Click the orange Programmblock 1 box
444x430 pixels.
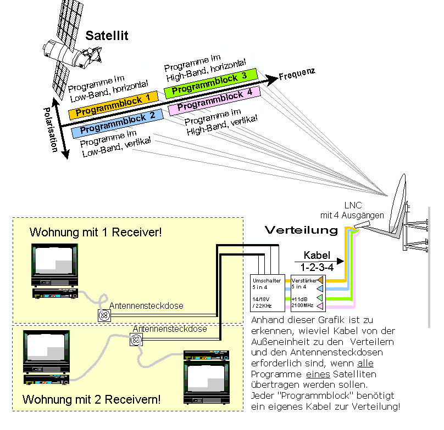113,104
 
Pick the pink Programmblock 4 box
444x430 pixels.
214,100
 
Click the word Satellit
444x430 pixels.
107,36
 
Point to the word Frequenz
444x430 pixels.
296,75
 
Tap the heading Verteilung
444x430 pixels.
302,230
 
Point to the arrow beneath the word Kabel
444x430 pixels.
321,262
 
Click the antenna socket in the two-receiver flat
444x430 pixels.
136,341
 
